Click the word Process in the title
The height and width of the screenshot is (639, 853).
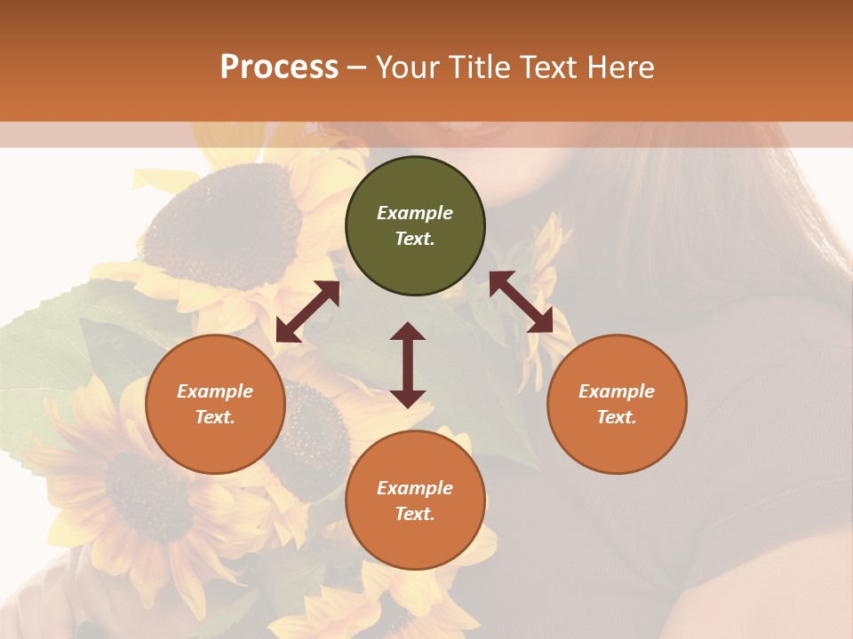coord(279,67)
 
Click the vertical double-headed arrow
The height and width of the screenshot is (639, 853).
coord(408,365)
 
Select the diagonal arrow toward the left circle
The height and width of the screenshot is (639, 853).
coord(307,312)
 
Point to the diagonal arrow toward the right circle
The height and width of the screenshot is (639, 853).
coord(521,302)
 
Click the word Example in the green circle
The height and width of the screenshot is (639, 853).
coord(415,213)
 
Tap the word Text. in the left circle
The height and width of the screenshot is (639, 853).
coord(215,417)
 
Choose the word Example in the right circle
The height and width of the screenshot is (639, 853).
coord(617,391)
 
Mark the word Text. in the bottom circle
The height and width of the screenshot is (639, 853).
coord(415,514)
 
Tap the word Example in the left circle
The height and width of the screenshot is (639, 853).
coord(215,391)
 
